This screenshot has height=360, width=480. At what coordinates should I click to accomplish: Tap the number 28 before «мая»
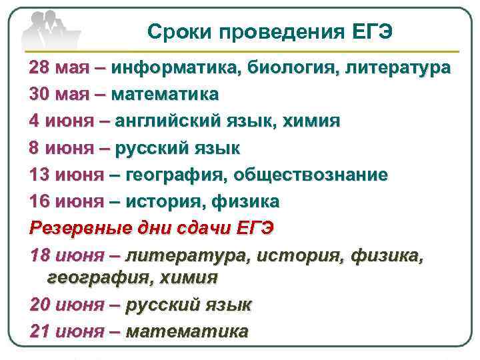tap(39, 69)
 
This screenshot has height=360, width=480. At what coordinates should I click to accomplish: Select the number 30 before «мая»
tap(39, 95)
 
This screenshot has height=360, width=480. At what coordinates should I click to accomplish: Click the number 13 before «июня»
tap(39, 175)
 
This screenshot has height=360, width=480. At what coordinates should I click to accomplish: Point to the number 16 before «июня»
tap(39, 201)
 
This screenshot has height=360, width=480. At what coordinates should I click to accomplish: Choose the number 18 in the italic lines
tap(39, 255)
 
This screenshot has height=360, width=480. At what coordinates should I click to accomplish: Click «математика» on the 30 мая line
tap(165, 95)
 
